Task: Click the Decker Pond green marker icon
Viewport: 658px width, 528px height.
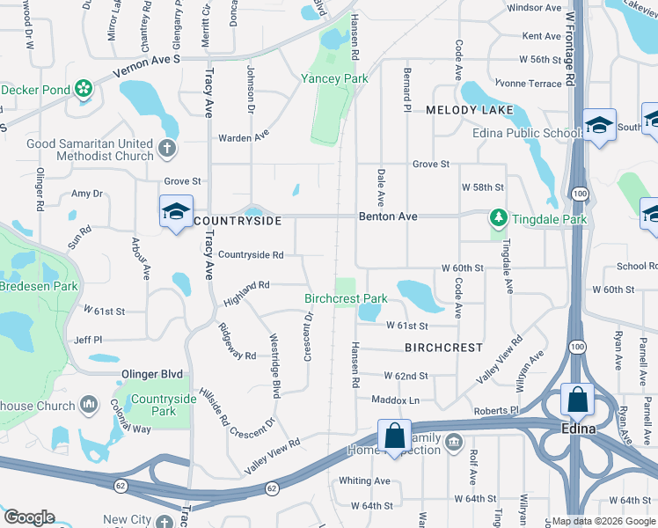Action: (x=83, y=89)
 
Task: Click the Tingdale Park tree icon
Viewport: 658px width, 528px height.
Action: (x=498, y=217)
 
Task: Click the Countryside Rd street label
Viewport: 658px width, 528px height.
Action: (x=250, y=255)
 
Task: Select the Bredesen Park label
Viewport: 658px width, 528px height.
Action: (x=39, y=286)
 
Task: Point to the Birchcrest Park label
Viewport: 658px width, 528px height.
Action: (x=346, y=298)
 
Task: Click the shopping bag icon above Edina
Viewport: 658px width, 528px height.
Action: (x=577, y=400)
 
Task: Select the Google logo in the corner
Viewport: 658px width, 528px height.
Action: (x=30, y=517)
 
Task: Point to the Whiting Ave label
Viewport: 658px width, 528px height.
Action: (x=364, y=480)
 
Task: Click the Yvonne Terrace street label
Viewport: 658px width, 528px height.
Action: (x=528, y=83)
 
